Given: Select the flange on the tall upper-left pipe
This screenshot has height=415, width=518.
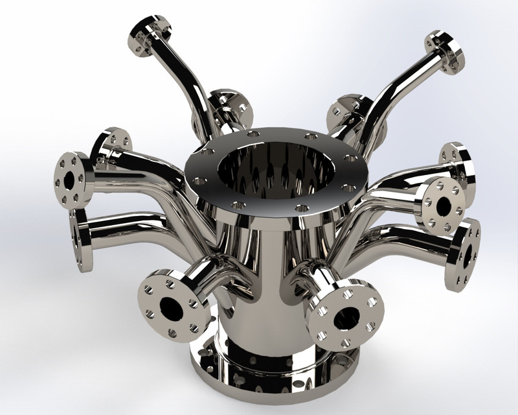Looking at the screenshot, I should (x=149, y=35).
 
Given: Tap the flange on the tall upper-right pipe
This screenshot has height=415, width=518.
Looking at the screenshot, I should (x=445, y=51).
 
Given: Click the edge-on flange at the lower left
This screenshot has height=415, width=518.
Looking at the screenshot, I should (x=81, y=240).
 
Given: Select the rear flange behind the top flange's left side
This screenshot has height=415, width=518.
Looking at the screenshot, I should (x=230, y=107).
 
